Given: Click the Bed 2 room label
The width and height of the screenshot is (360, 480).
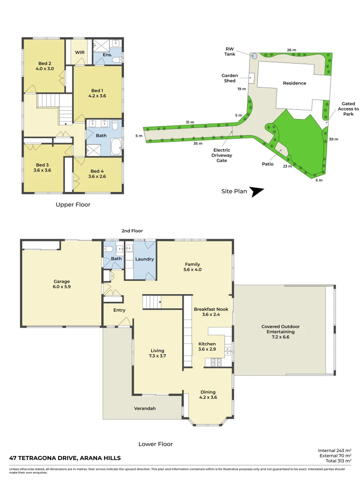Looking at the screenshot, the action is [45, 64].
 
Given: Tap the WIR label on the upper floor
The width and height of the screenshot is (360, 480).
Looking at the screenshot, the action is [80, 52].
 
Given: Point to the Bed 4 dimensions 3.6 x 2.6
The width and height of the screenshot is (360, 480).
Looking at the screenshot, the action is [97, 176].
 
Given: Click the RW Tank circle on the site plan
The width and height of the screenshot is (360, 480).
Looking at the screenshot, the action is [254, 56].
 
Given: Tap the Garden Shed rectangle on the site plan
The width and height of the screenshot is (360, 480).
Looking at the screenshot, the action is [252, 78].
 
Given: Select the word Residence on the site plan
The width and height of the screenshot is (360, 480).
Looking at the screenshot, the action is [295, 83].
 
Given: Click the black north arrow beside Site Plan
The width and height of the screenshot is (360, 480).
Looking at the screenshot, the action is [256, 192].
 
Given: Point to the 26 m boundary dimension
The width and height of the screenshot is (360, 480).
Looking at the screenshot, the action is [292, 50].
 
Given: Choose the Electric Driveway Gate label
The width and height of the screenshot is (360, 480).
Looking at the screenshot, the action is [222, 155].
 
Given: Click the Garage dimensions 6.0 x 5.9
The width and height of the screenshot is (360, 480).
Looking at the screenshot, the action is [61, 287].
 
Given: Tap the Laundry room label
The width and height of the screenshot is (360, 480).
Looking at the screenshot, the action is [144, 259].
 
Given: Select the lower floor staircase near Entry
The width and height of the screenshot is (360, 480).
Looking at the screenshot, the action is [152, 302].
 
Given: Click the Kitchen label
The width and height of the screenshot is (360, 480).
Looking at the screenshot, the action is [207, 344].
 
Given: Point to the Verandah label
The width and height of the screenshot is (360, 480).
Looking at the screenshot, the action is [145, 408].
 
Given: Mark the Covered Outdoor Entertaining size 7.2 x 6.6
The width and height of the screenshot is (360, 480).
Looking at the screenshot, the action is [280, 337].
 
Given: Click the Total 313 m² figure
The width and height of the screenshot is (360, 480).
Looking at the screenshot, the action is [338, 461].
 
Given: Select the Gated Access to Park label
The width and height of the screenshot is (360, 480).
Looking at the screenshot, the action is [348, 109].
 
